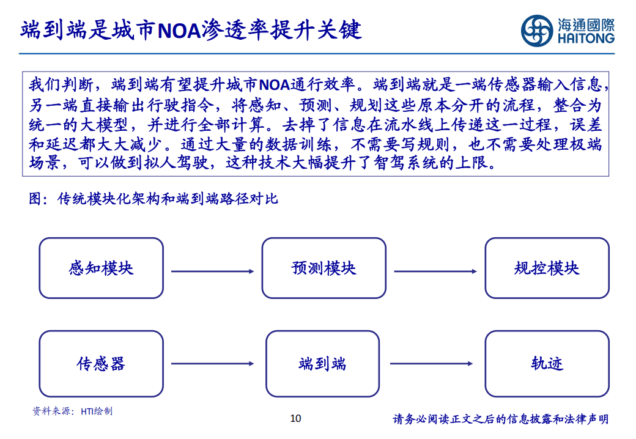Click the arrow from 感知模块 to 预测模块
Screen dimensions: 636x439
213,271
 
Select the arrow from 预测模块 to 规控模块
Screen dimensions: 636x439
435,271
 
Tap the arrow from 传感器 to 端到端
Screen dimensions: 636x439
213,364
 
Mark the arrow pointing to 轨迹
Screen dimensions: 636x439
431,364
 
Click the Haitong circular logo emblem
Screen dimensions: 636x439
537,31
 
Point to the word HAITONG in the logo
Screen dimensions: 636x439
586,39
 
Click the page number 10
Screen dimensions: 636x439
296,418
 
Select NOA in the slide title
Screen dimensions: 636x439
179,31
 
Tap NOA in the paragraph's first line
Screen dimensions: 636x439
274,85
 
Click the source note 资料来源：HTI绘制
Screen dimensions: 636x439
72,411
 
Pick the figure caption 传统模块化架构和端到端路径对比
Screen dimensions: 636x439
168,199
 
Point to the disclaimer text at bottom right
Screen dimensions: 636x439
500,419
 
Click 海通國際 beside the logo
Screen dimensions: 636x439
586,25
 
